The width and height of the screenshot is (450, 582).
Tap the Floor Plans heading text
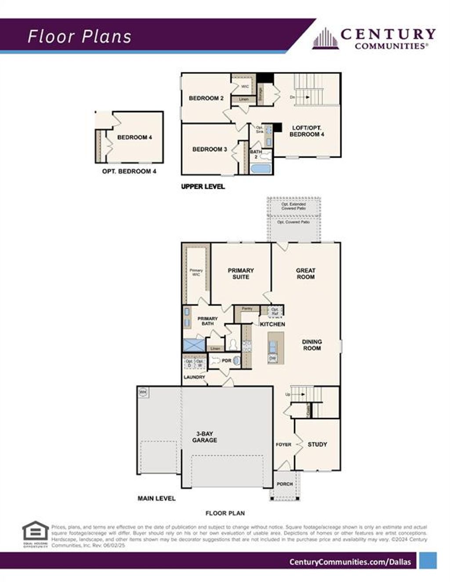coord(80,37)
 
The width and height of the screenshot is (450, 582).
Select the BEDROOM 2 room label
coord(206,98)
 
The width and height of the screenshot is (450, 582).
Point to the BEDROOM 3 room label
coord(210,149)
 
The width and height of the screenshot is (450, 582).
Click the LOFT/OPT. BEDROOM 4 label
coord(307,131)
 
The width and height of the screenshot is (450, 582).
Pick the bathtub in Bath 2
coord(261,169)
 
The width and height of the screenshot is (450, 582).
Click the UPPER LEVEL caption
coord(203,187)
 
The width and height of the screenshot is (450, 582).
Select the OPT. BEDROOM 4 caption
coord(129,171)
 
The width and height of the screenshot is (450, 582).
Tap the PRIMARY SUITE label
coord(241,273)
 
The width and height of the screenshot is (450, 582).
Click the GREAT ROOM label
coord(305,273)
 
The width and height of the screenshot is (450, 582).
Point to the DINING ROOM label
coord(312,345)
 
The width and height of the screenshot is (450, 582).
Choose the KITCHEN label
coord(272,324)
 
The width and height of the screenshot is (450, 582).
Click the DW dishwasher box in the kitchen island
coord(272,359)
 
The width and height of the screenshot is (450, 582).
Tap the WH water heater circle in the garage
coord(143,392)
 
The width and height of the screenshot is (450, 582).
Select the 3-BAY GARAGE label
coord(204,437)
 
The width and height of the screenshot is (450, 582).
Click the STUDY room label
coord(317,444)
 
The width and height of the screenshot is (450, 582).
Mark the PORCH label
coord(285,484)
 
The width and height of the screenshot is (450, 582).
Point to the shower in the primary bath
coord(194,345)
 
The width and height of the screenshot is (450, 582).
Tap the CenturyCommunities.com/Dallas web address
coord(350,562)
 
